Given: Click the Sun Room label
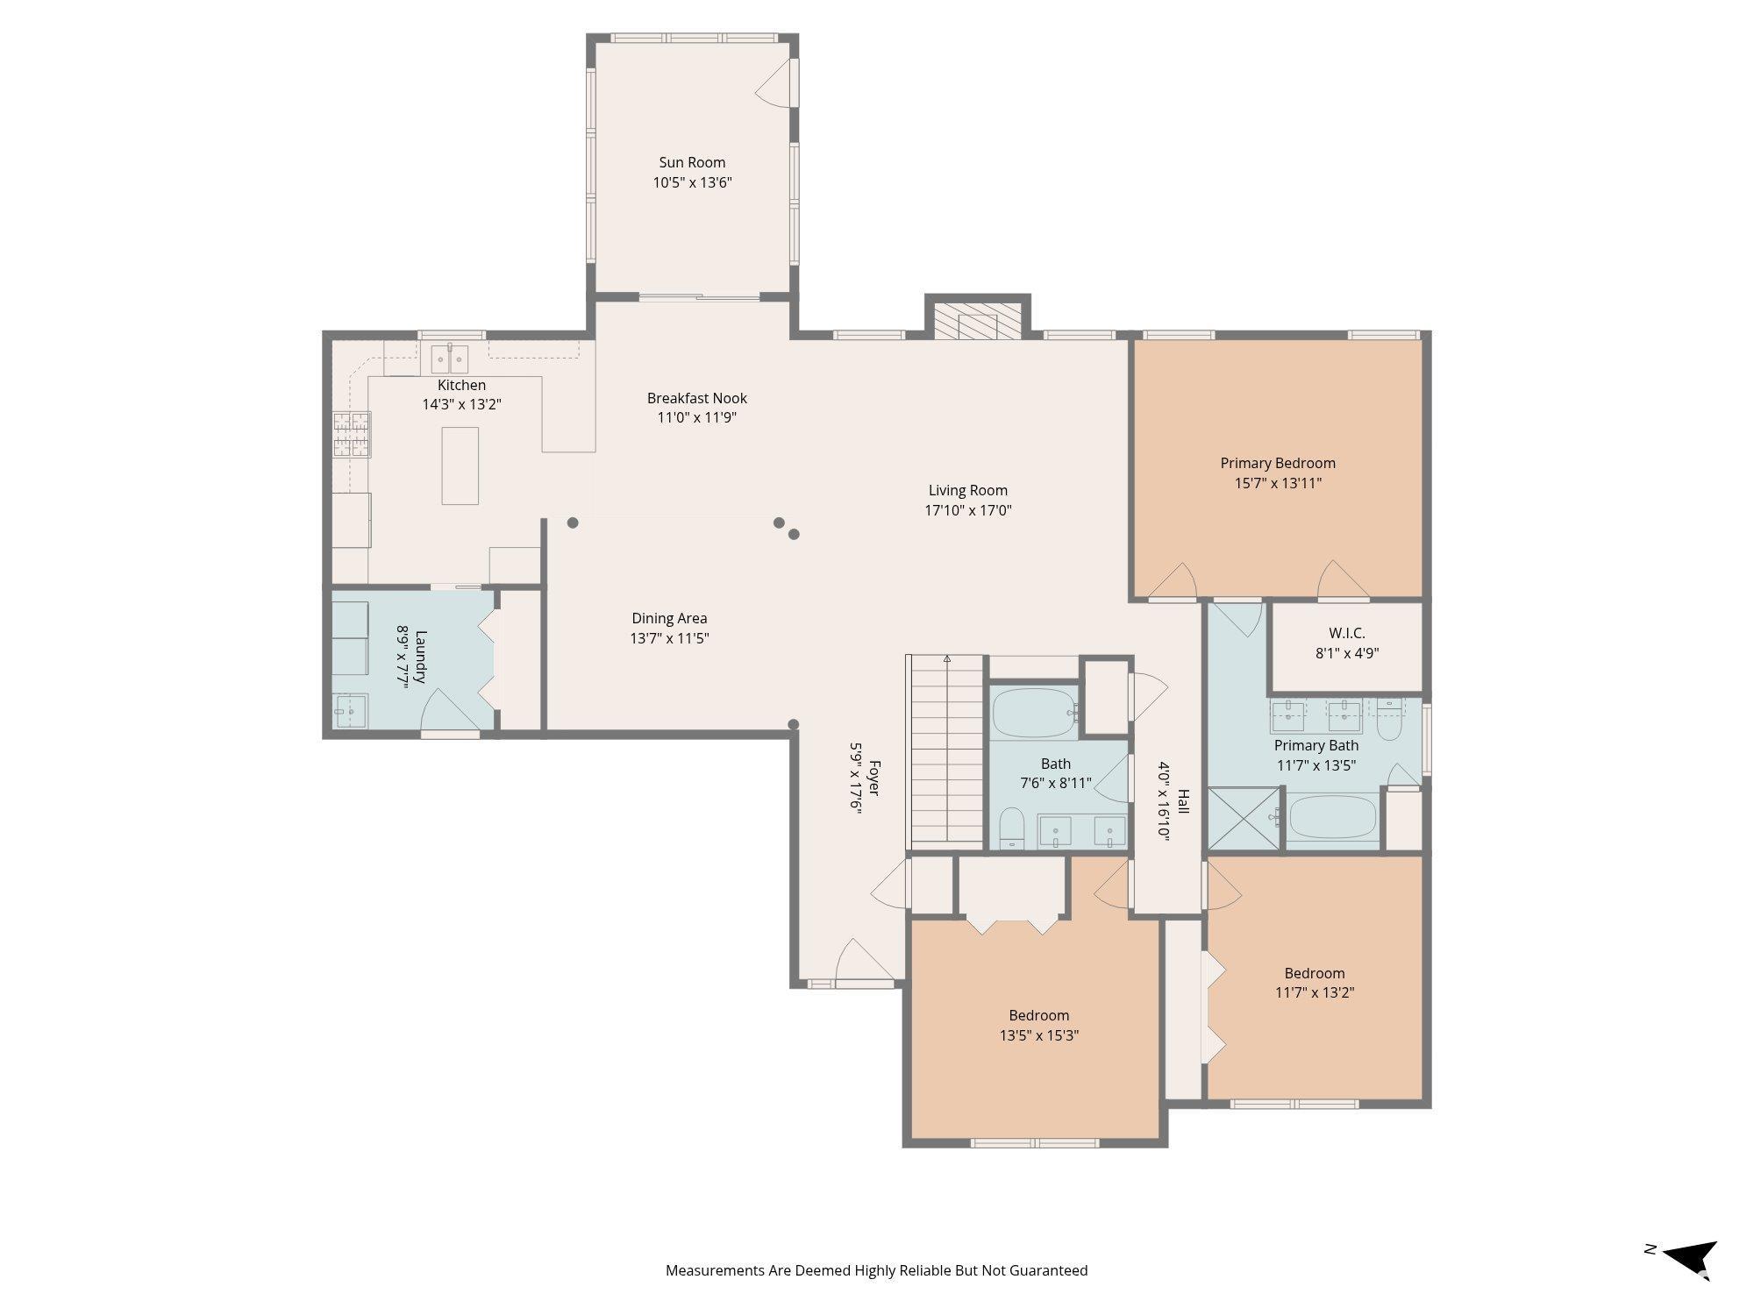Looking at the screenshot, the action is [x=692, y=162].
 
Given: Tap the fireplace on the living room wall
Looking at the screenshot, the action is [x=977, y=322].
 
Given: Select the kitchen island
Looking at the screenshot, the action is [x=460, y=466].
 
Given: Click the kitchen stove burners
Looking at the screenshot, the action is [x=351, y=435].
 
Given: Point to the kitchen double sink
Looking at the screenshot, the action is [x=449, y=359].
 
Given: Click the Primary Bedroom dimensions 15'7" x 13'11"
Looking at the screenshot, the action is [x=1277, y=483].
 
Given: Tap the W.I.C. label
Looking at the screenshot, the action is [x=1347, y=633].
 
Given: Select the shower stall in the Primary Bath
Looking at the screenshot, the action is [x=1244, y=818].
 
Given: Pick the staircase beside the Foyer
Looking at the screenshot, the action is [x=947, y=750].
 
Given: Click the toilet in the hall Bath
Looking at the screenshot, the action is [x=1012, y=827].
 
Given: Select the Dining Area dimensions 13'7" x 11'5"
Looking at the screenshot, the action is [x=669, y=638].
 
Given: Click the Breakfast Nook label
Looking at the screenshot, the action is [x=697, y=398].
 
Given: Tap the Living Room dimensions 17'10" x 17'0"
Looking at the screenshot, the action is [x=968, y=510].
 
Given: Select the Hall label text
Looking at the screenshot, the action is [x=1183, y=801].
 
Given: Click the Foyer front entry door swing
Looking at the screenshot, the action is [x=855, y=962].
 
